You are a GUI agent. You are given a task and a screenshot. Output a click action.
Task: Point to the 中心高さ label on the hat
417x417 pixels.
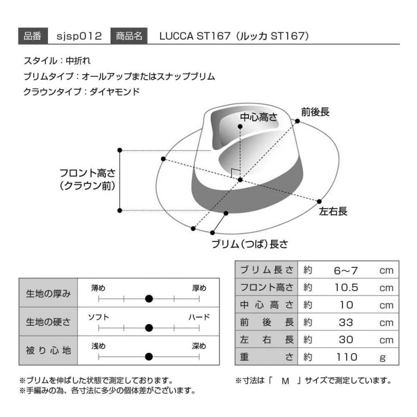pyautogui.click(x=258, y=117)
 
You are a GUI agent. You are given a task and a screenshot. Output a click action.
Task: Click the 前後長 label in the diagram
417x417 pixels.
pyautogui.click(x=315, y=112)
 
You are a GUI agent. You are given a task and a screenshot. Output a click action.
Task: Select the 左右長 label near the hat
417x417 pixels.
pyautogui.click(x=333, y=211)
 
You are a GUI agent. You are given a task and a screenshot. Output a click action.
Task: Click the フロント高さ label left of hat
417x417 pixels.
pyautogui.click(x=87, y=179)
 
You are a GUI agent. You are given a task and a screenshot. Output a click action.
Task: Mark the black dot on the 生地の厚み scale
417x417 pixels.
pyautogui.click(x=149, y=299)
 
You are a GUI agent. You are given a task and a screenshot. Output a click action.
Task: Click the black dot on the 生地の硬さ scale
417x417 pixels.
pyautogui.click(x=149, y=328)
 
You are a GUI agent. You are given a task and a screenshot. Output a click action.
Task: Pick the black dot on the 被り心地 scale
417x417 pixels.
pyautogui.click(x=149, y=357)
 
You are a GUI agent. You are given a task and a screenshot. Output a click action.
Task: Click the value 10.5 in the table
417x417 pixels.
pyautogui.click(x=346, y=288)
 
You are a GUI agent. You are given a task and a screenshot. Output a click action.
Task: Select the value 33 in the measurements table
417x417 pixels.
pyautogui.click(x=346, y=323)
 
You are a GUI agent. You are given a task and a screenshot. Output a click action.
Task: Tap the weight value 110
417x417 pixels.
pyautogui.click(x=346, y=357)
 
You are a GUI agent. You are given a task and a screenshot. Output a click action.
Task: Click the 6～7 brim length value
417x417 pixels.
pyautogui.click(x=346, y=271)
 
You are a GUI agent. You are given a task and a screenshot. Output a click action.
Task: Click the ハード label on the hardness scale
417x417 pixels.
pyautogui.click(x=199, y=317)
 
